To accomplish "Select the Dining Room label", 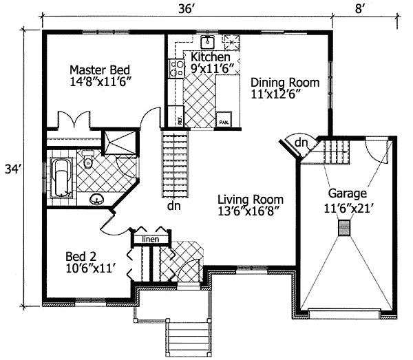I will (x=284, y=83).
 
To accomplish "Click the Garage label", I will (x=347, y=193).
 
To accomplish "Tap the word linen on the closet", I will (x=151, y=239).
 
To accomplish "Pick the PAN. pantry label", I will (x=224, y=121).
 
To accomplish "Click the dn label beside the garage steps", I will (x=301, y=142).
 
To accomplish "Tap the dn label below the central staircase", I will (x=174, y=204).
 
